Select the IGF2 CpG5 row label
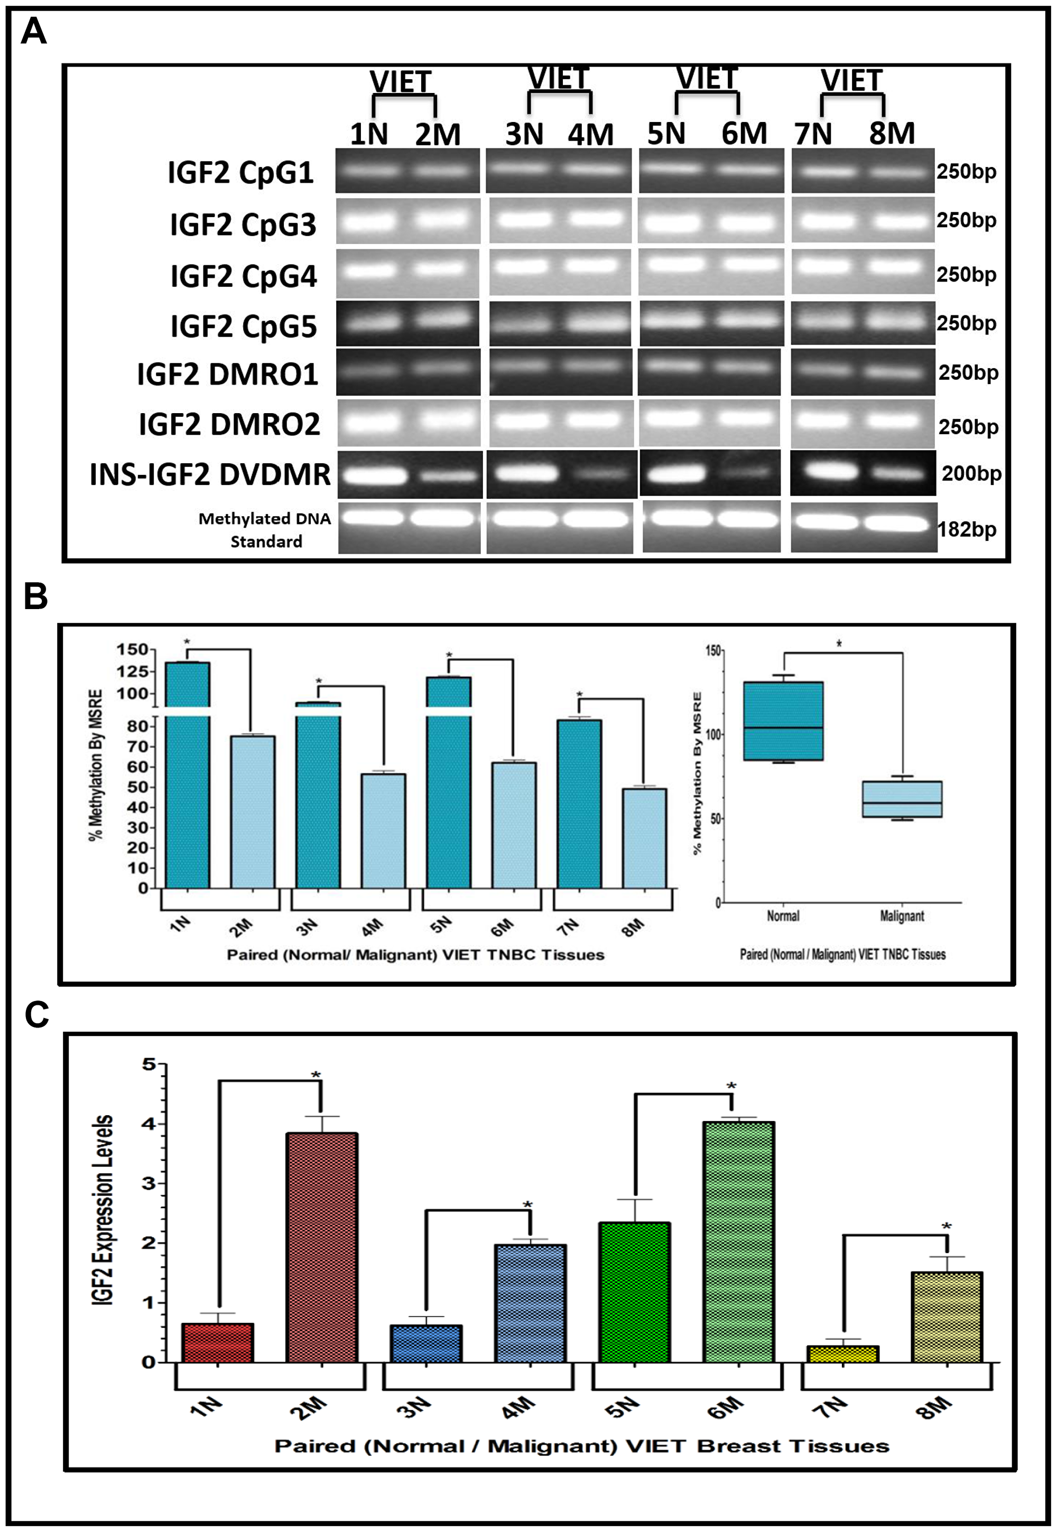(243, 326)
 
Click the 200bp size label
(971, 473)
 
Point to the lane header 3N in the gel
(524, 134)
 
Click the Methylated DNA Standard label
(265, 530)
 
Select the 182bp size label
(967, 530)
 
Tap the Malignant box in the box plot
(902, 799)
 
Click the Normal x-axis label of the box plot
(783, 916)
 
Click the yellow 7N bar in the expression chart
(842, 1354)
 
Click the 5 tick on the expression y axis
(149, 1064)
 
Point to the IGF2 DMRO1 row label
(227, 374)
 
